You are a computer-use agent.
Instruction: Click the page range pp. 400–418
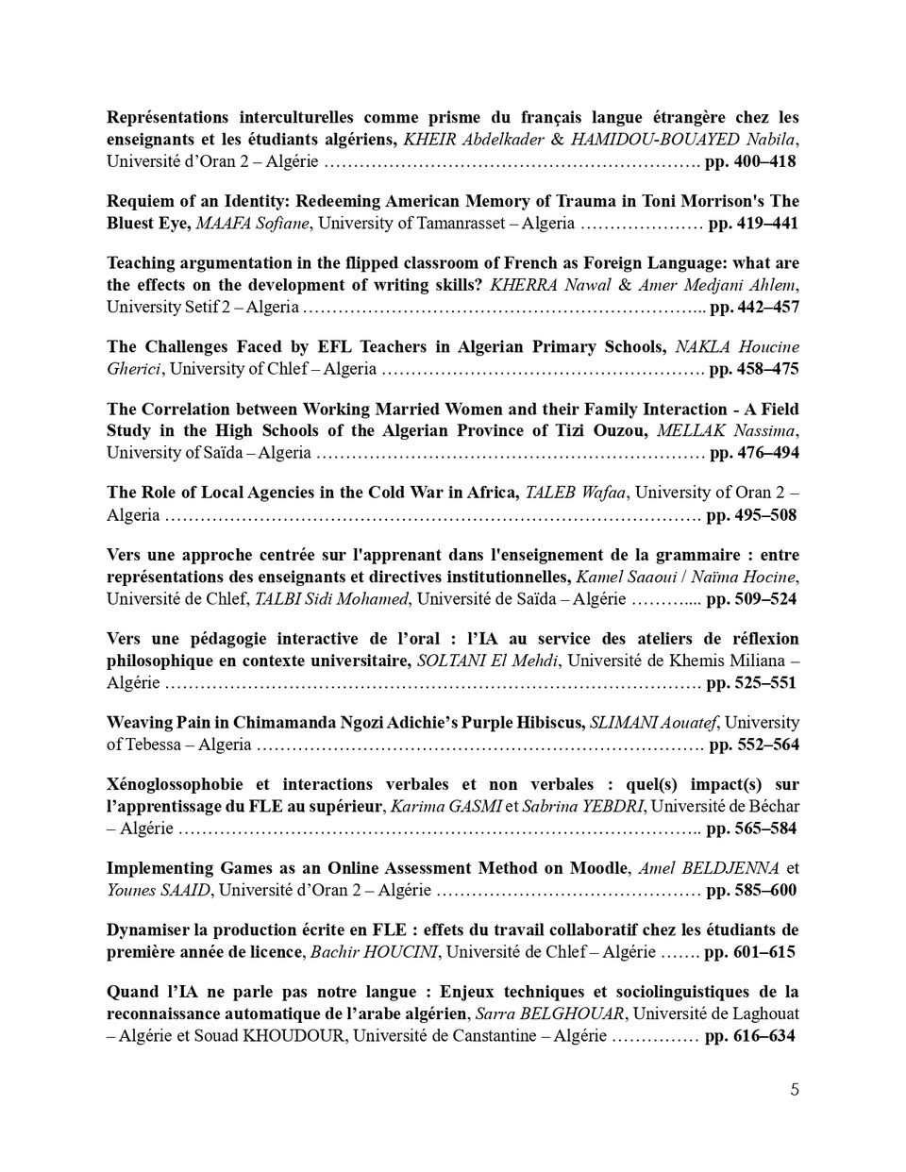pyautogui.click(x=750, y=161)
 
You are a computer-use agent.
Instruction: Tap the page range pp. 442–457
pyautogui.click(x=754, y=307)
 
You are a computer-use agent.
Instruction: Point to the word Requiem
pyautogui.click(x=136, y=201)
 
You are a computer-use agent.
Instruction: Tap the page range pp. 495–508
pyautogui.click(x=751, y=515)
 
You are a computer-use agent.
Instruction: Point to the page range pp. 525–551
pyautogui.click(x=751, y=683)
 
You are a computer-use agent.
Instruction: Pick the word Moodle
pyautogui.click(x=598, y=868)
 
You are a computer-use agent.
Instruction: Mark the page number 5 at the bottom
pyautogui.click(x=795, y=1091)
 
